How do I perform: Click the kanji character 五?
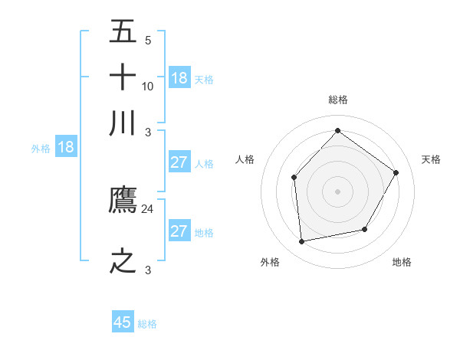[x=123, y=32]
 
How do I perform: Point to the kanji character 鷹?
[x=123, y=201]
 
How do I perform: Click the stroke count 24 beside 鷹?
[x=148, y=208]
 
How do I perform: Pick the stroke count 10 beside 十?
[x=148, y=86]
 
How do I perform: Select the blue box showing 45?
[x=123, y=322]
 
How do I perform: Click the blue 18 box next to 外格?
[x=66, y=148]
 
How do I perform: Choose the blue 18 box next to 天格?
[x=179, y=78]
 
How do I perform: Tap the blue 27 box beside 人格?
[x=179, y=162]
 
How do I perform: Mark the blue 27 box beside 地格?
[x=179, y=232]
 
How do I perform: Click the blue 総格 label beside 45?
[x=147, y=324]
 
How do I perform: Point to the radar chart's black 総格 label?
[x=337, y=100]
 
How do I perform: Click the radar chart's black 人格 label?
[x=245, y=159]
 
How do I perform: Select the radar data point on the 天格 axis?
[x=396, y=172]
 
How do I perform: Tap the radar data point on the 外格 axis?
[x=302, y=242]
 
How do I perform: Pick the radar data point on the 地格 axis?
[x=365, y=229]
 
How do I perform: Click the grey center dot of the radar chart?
[x=337, y=191]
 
